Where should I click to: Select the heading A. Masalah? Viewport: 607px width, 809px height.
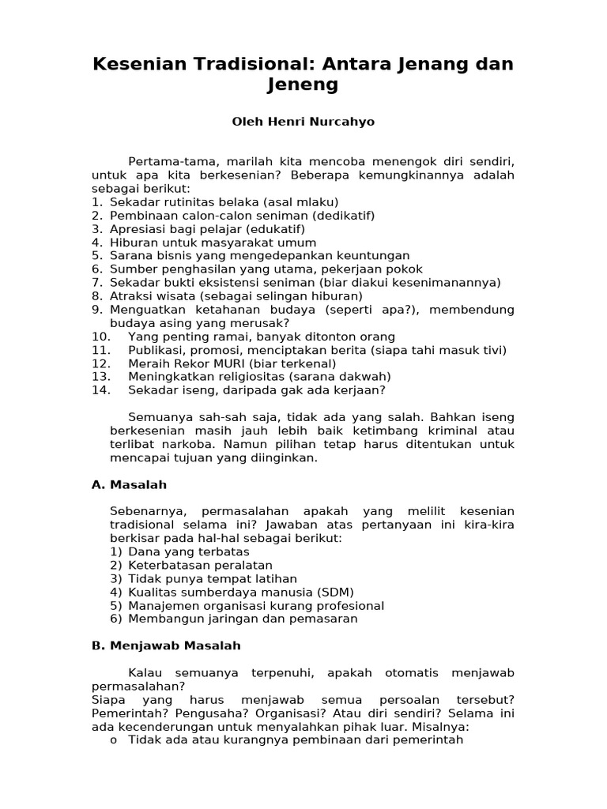(129, 484)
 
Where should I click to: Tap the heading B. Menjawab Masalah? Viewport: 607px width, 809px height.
(166, 645)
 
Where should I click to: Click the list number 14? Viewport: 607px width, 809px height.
(100, 389)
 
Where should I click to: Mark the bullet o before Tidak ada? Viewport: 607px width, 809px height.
(114, 740)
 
